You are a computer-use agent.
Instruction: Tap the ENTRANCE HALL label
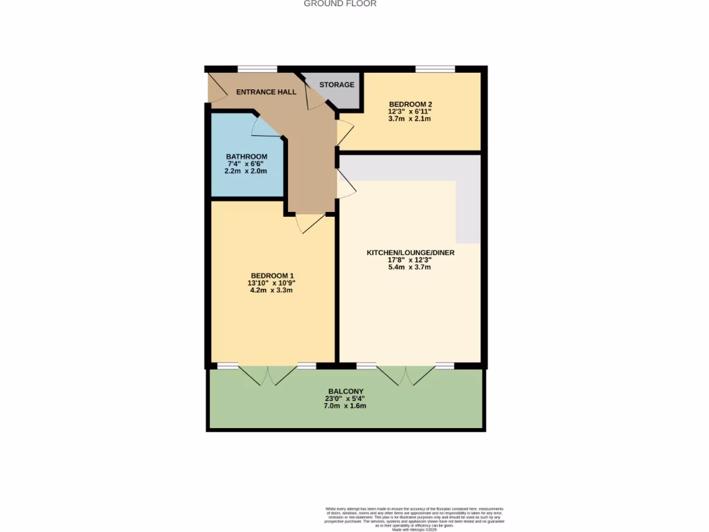[x=266, y=92]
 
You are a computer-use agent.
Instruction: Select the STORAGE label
[x=336, y=85]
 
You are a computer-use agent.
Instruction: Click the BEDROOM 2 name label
[x=410, y=105]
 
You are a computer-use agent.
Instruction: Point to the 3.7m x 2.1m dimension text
[x=410, y=118]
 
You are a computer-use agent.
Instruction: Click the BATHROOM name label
[x=246, y=157]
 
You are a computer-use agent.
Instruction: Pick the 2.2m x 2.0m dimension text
[x=246, y=171]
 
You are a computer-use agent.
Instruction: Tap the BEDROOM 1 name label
[x=271, y=276]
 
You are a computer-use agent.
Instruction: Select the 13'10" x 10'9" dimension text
[x=271, y=283]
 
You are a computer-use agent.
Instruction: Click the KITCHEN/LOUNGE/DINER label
[x=410, y=253]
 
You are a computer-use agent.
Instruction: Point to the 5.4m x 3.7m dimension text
[x=410, y=267]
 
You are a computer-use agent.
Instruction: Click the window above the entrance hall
[x=257, y=69]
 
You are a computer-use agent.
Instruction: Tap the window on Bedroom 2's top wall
[x=435, y=69]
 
